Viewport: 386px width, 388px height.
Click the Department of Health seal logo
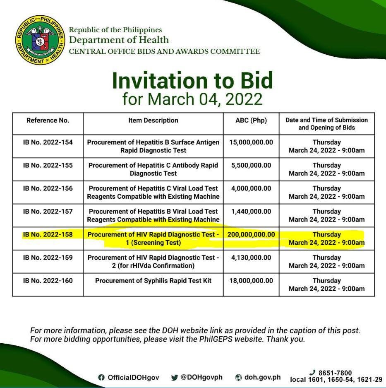click(40, 41)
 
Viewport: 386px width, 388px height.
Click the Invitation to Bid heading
click(192, 81)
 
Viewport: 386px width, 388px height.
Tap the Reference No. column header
click(48, 120)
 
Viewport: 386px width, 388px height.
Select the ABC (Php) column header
click(251, 120)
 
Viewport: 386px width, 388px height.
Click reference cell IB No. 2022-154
click(48, 142)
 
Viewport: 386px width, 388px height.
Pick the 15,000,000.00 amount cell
click(251, 142)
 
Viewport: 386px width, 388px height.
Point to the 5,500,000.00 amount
click(251, 165)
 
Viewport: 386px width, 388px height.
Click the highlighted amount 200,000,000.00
click(251, 234)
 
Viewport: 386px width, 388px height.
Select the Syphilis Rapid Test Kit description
click(153, 281)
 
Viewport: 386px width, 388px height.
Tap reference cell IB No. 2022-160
click(48, 281)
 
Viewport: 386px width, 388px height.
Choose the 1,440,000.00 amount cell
click(251, 212)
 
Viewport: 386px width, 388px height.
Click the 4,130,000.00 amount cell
click(251, 258)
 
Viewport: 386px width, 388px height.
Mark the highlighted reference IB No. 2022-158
click(48, 234)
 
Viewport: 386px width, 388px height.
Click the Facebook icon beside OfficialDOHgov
click(101, 378)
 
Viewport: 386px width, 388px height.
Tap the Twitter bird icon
click(174, 378)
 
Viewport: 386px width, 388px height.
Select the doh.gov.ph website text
click(262, 377)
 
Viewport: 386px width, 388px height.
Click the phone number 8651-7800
click(335, 373)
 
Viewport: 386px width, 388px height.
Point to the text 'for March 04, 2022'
click(192, 99)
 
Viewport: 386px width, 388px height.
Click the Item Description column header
click(153, 120)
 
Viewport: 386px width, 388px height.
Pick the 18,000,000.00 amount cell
click(251, 281)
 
